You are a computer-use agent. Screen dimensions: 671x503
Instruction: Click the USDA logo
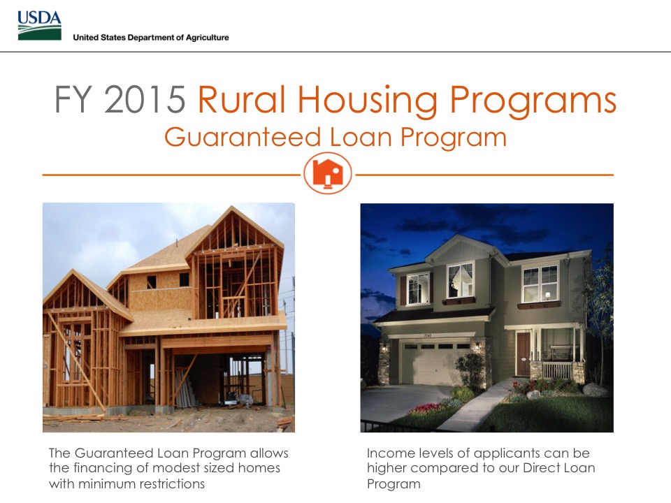pos(39,26)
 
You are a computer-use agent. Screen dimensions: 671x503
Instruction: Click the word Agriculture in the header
pos(208,38)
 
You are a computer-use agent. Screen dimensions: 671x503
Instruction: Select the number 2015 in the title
pos(145,100)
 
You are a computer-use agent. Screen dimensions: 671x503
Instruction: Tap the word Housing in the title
pos(367,101)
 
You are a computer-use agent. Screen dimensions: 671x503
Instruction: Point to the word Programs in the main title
pos(533,101)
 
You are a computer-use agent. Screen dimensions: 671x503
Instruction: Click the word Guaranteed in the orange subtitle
pos(243,138)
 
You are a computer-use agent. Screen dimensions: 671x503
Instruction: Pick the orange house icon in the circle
pos(328,174)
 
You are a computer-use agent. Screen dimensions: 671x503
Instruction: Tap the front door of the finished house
pos(523,353)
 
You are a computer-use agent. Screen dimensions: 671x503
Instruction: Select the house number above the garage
pos(428,336)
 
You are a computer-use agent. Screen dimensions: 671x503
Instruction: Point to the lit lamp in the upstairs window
pos(547,295)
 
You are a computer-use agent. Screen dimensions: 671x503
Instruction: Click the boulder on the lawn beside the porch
pos(594,390)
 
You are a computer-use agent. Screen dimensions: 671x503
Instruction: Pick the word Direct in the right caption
pos(541,468)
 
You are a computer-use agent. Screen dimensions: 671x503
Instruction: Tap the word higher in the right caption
pos(387,468)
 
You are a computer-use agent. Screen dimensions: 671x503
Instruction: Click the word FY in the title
pos(73,100)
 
